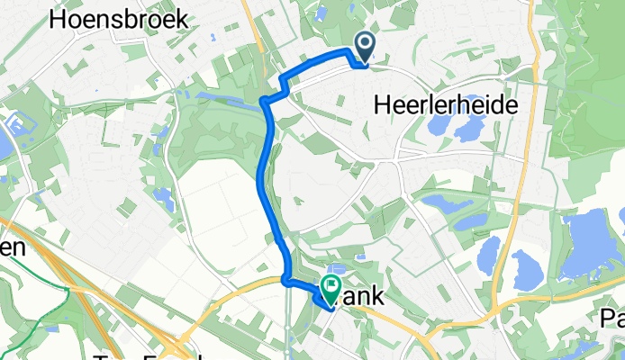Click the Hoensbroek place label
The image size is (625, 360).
[119, 18]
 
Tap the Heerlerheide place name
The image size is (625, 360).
[445, 105]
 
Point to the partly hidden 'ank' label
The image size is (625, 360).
[358, 294]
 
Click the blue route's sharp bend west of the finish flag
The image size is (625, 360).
[287, 280]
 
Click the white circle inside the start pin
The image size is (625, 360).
[365, 42]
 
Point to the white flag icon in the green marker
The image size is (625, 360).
[331, 288]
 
